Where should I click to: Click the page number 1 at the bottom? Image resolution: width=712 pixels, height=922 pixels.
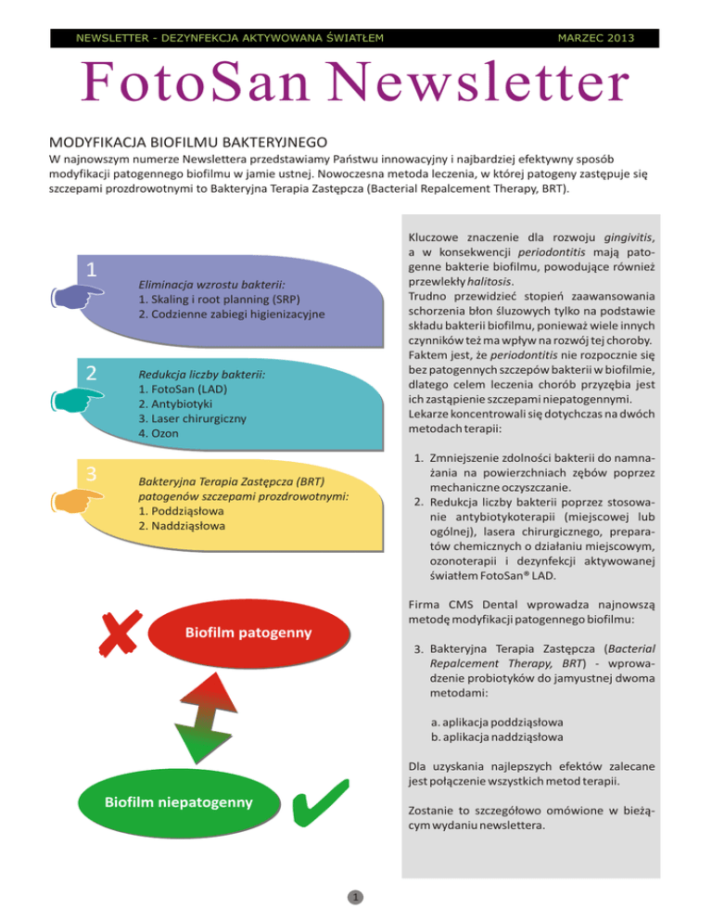pyautogui.click(x=355, y=897)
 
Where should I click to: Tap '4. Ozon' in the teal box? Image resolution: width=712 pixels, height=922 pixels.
pyautogui.click(x=159, y=434)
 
